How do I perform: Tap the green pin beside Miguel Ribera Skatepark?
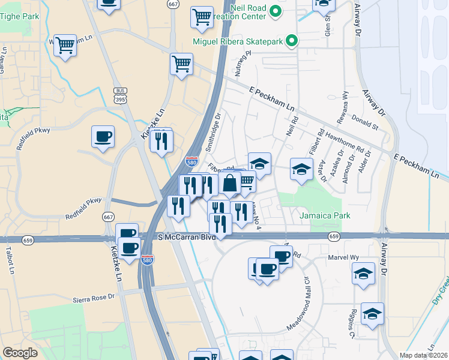[x=292, y=41]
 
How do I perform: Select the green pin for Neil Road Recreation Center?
[x=276, y=11]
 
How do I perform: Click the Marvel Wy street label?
[x=343, y=257]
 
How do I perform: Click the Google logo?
[x=20, y=353]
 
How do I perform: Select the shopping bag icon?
[x=230, y=184]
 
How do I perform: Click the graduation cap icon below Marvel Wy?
[x=363, y=274]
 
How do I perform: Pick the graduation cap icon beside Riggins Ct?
[x=372, y=314]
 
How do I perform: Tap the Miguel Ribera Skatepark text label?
[x=238, y=41]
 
